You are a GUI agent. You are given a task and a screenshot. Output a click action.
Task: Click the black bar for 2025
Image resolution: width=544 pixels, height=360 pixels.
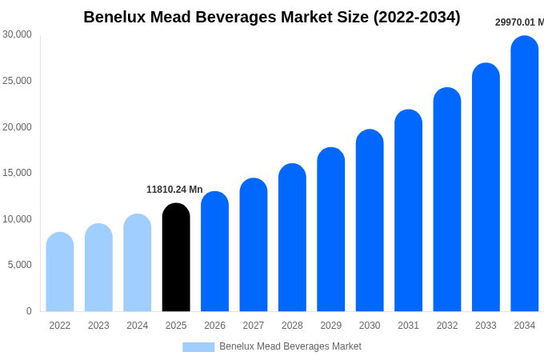click(x=176, y=258)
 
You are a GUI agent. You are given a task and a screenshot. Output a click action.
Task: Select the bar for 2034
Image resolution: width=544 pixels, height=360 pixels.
click(x=525, y=174)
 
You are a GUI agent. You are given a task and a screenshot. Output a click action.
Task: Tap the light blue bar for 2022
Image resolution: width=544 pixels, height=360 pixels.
click(x=60, y=272)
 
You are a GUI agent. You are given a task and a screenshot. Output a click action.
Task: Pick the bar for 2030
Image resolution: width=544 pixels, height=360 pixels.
click(x=370, y=221)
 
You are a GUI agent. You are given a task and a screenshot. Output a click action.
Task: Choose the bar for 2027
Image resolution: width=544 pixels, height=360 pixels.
click(x=254, y=245)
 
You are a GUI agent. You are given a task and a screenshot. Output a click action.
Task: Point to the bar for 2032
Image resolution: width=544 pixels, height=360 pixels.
click(x=447, y=200)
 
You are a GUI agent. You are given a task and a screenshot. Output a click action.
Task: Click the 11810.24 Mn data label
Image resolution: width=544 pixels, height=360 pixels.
click(x=174, y=190)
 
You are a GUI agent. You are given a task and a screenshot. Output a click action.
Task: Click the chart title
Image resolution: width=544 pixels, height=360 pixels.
click(x=272, y=17)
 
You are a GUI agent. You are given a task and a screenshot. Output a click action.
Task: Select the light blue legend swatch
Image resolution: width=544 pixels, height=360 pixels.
click(x=198, y=347)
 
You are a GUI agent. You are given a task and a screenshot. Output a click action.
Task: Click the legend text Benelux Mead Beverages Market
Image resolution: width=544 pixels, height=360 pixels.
click(x=290, y=346)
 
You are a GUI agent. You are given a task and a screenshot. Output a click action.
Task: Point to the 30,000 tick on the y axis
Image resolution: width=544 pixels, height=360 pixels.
click(x=17, y=34)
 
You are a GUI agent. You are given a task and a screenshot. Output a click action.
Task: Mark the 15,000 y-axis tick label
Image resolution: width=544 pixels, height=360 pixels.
click(x=17, y=173)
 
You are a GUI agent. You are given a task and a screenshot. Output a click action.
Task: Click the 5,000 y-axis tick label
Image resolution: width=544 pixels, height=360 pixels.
click(x=19, y=265)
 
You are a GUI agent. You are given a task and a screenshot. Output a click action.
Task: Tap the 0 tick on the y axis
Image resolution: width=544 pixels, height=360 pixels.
click(x=29, y=311)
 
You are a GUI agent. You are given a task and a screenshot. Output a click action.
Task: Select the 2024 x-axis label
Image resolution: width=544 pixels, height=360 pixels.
click(x=138, y=326)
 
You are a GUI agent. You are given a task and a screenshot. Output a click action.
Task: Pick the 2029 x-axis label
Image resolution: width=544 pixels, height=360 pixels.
click(x=331, y=326)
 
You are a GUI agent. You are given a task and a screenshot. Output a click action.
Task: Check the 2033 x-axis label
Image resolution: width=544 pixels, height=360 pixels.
click(x=486, y=326)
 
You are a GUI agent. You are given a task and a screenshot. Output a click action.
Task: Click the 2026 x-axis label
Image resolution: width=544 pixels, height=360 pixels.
click(x=214, y=326)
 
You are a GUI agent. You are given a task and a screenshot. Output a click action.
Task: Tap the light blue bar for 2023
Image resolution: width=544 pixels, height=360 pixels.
click(x=98, y=268)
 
